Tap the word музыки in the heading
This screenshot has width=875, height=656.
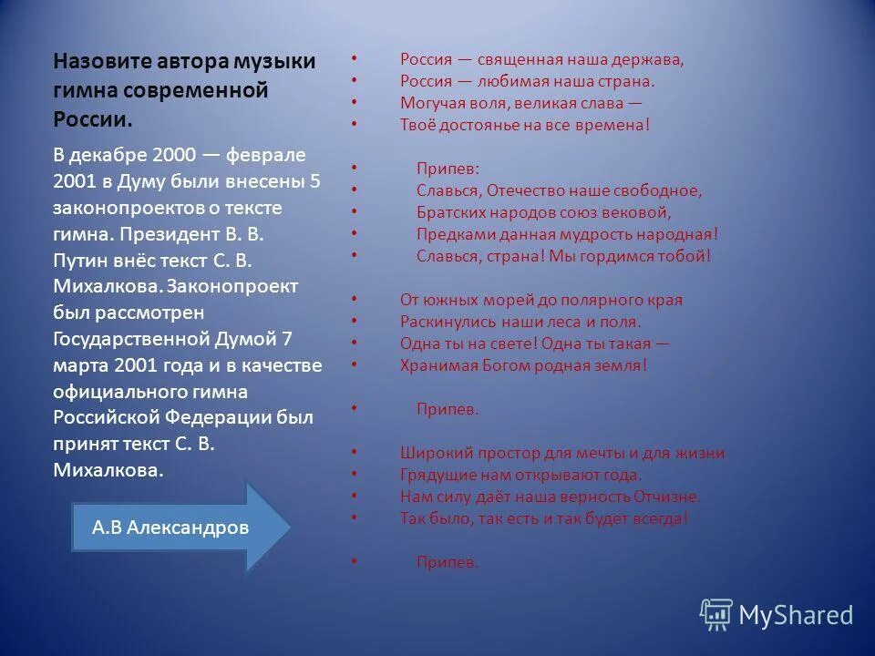pyautogui.click(x=276, y=61)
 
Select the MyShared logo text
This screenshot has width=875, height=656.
pyautogui.click(x=795, y=615)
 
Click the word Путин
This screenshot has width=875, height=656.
pyautogui.click(x=79, y=260)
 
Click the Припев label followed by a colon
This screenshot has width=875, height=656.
pyautogui.click(x=447, y=169)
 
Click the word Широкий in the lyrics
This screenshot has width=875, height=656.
pyautogui.click(x=432, y=453)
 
